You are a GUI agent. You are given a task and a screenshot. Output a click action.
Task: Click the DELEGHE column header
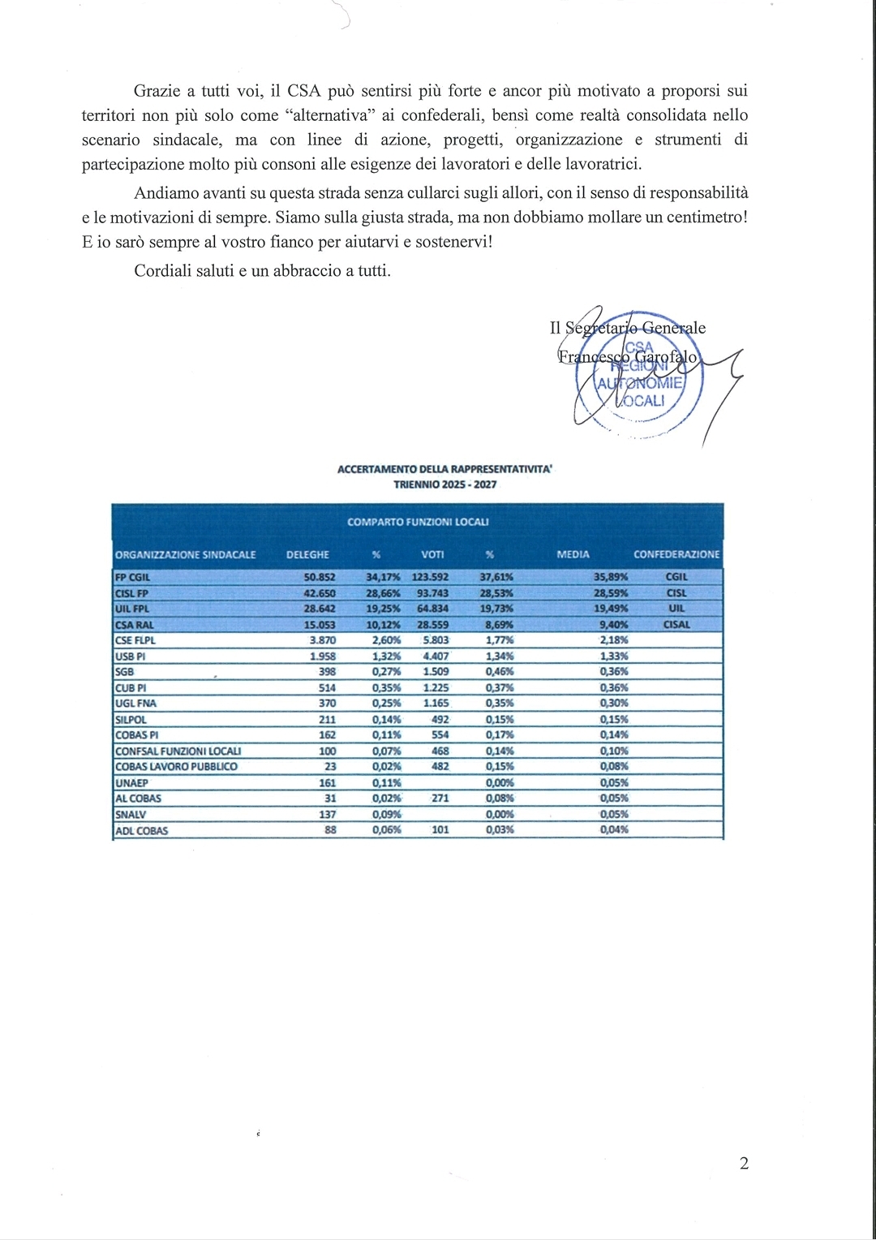(307, 554)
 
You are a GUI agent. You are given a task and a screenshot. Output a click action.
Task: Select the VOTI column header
(432, 554)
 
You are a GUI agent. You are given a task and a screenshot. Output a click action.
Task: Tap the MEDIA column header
(573, 554)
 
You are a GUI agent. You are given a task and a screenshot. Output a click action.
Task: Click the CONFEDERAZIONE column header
(676, 554)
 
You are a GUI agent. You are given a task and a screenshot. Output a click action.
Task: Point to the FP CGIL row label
(133, 577)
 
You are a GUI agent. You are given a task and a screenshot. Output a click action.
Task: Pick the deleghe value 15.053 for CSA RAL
(319, 625)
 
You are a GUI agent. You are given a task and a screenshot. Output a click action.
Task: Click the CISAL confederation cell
(676, 625)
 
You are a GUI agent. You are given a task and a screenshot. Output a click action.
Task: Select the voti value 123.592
(430, 577)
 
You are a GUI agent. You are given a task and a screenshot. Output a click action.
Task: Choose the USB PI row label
(131, 657)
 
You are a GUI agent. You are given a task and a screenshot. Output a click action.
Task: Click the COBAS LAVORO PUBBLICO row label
(176, 766)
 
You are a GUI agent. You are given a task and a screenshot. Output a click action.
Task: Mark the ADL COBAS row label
(141, 830)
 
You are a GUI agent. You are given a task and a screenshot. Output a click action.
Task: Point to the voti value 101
(440, 830)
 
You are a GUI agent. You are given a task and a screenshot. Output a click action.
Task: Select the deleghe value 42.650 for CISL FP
(319, 593)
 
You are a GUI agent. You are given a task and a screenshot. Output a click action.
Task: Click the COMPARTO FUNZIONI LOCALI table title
(418, 522)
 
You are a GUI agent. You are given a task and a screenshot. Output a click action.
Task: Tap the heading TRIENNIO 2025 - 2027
(444, 484)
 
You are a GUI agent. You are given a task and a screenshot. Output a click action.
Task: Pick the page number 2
(744, 1164)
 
